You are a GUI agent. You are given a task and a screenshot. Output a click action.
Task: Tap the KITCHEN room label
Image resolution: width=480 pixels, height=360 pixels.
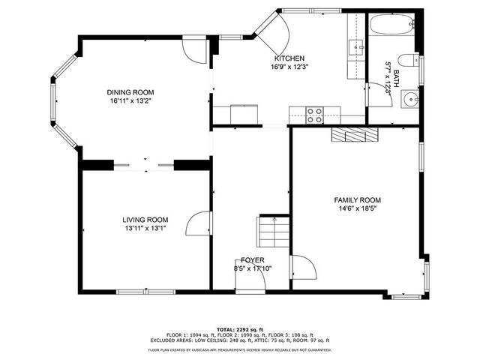click(x=289, y=58)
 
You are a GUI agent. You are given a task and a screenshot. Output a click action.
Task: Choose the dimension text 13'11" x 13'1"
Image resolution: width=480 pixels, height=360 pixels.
click(x=145, y=228)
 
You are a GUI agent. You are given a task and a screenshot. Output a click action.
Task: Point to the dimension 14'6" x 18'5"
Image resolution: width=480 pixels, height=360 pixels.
click(x=357, y=208)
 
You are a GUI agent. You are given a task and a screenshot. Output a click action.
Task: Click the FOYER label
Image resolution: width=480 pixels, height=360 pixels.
click(x=252, y=259)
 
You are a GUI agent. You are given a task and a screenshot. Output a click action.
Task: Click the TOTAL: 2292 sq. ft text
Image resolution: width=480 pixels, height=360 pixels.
click(x=239, y=329)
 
